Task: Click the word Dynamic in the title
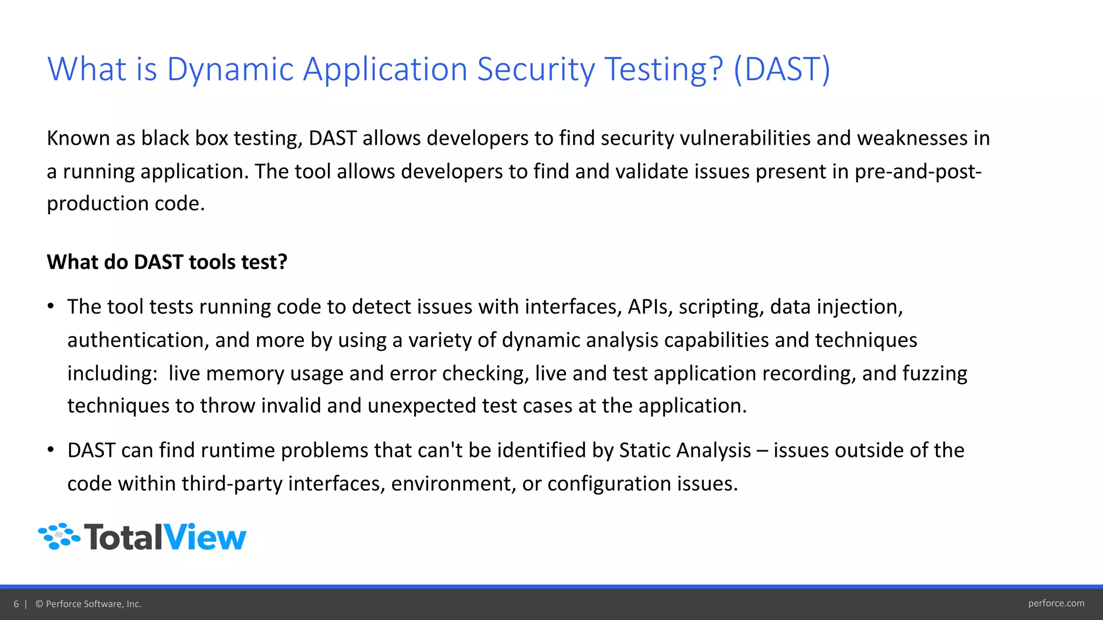click(231, 70)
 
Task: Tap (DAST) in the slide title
click(782, 70)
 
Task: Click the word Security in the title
click(535, 70)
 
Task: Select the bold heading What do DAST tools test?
click(167, 262)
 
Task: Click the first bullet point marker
click(51, 307)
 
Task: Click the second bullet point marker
click(51, 450)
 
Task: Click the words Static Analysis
click(685, 450)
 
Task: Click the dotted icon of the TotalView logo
click(59, 536)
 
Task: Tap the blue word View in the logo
click(204, 537)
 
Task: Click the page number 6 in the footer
click(16, 604)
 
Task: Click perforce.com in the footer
click(1056, 603)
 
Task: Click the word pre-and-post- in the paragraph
click(918, 172)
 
